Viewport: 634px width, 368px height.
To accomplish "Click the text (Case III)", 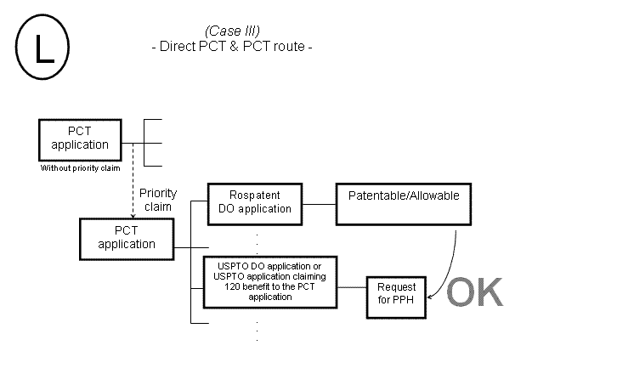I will [x=232, y=31].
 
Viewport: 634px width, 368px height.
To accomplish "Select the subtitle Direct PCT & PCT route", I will [x=232, y=47].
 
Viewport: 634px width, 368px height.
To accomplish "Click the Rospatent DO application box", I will [x=254, y=203].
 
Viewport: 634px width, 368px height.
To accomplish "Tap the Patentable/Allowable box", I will [x=404, y=203].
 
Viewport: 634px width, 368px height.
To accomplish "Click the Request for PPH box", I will [x=395, y=296].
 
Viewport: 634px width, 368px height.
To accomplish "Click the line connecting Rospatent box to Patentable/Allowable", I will [x=320, y=204].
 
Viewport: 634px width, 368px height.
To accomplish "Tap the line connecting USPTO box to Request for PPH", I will [x=352, y=287].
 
